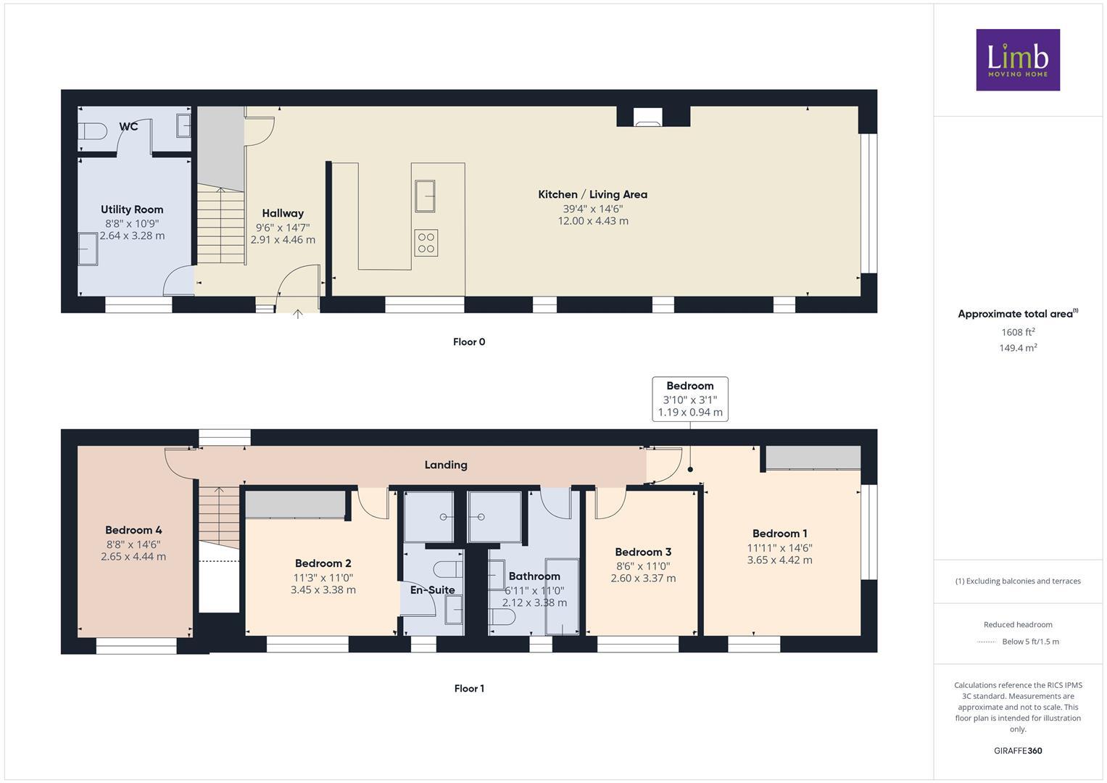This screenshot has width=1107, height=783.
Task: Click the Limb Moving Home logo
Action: pyautogui.click(x=1017, y=59)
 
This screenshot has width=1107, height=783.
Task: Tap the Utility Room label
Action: pyautogui.click(x=132, y=210)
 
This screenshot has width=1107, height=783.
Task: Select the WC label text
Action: pyautogui.click(x=128, y=127)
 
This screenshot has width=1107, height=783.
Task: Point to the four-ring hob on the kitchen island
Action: pyautogui.click(x=426, y=243)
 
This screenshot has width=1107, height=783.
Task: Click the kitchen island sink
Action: pyautogui.click(x=425, y=196)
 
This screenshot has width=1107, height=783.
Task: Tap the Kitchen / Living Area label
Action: pyautogui.click(x=592, y=194)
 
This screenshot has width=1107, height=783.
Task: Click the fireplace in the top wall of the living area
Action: pyautogui.click(x=647, y=117)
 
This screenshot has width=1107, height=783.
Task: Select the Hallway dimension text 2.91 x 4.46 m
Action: pyautogui.click(x=283, y=240)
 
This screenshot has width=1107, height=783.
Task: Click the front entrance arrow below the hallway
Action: pyautogui.click(x=298, y=314)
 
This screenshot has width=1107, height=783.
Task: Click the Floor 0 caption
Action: pyautogui.click(x=469, y=342)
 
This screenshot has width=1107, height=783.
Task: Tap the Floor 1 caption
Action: pyautogui.click(x=469, y=689)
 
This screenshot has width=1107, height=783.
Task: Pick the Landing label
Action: pyautogui.click(x=446, y=465)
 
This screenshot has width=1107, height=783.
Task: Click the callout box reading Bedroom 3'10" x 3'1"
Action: pyautogui.click(x=689, y=399)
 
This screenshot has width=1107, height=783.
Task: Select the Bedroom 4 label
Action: pyautogui.click(x=133, y=530)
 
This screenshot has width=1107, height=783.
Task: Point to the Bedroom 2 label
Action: pyautogui.click(x=323, y=563)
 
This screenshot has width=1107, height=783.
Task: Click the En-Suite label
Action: pyautogui.click(x=432, y=590)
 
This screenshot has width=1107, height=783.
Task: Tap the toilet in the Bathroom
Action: pyautogui.click(x=502, y=617)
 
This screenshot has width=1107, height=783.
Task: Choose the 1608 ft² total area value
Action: pyautogui.click(x=1018, y=332)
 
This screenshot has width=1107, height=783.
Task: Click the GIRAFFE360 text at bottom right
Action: pyautogui.click(x=1017, y=751)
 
